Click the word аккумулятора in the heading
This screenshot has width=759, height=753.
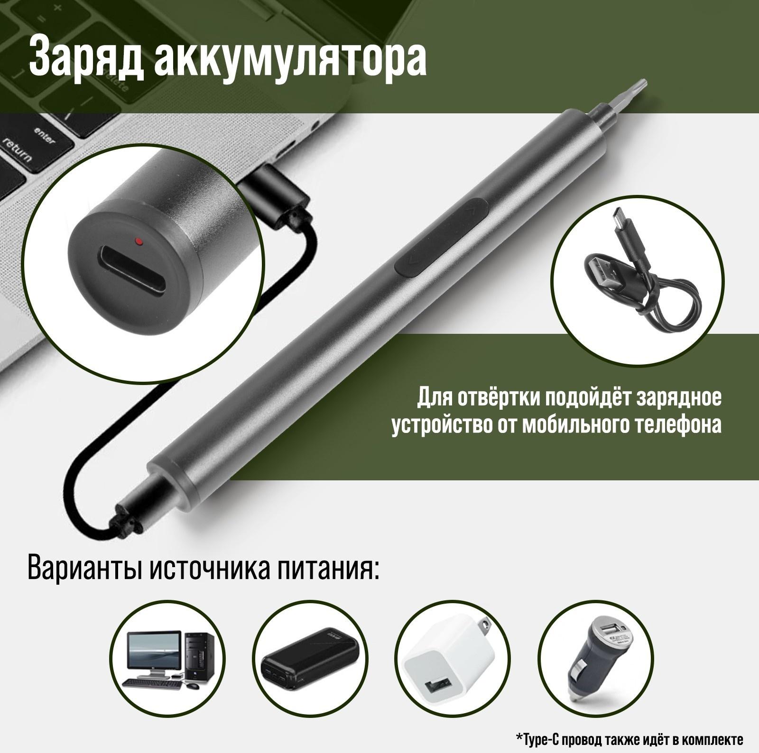click(290, 59)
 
